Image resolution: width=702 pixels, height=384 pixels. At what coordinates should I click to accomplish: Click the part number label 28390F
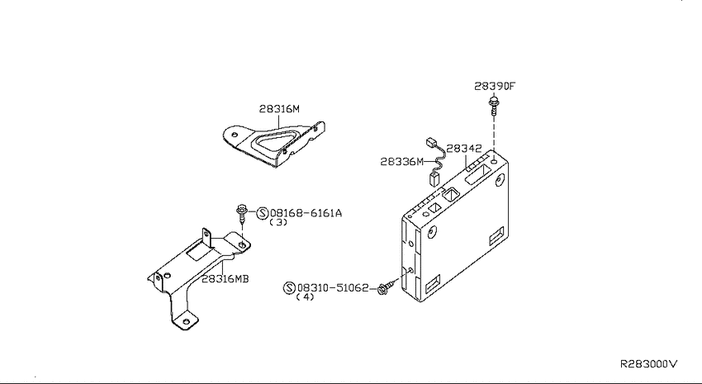(494, 86)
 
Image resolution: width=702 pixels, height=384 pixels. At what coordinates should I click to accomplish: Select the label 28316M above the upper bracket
(279, 109)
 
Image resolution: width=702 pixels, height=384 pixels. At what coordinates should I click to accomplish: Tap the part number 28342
(464, 149)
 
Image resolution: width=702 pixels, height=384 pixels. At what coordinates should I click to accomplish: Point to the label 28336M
(401, 162)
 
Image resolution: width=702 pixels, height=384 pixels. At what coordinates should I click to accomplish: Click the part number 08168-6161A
(306, 213)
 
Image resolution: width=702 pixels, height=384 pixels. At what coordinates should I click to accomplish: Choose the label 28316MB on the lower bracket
(225, 279)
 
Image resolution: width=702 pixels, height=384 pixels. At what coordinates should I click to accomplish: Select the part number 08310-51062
(333, 287)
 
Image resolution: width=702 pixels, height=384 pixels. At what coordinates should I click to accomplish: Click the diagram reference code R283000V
(648, 364)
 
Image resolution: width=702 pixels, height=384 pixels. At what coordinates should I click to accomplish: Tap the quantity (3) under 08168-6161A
(278, 222)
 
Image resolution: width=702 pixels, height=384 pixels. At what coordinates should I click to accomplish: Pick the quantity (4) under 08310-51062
(306, 296)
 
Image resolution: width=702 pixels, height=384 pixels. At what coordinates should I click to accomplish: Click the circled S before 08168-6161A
(263, 213)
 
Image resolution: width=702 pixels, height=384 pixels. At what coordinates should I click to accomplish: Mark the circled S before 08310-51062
(289, 287)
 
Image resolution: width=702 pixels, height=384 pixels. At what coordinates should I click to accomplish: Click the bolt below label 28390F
(494, 105)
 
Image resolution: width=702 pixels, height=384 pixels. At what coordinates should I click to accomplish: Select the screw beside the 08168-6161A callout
(242, 215)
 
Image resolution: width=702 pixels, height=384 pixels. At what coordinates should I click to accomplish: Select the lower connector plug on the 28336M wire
(434, 178)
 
